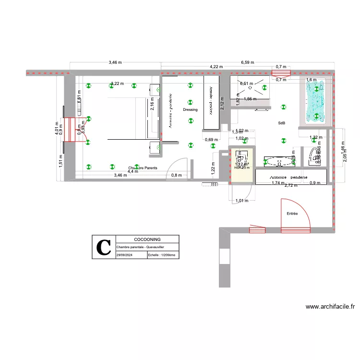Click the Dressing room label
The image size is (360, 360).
190,110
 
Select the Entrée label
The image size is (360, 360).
292,213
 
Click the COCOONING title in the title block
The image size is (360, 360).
147,239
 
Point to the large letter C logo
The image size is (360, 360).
104,248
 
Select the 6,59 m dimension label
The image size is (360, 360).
247,62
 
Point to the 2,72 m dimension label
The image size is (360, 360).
290,185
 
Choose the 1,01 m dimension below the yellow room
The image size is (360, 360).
242,201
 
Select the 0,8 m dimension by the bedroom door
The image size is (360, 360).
177,175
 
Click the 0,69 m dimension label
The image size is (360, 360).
211,140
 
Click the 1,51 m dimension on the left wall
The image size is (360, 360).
60,160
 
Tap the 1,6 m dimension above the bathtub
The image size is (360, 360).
311,80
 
